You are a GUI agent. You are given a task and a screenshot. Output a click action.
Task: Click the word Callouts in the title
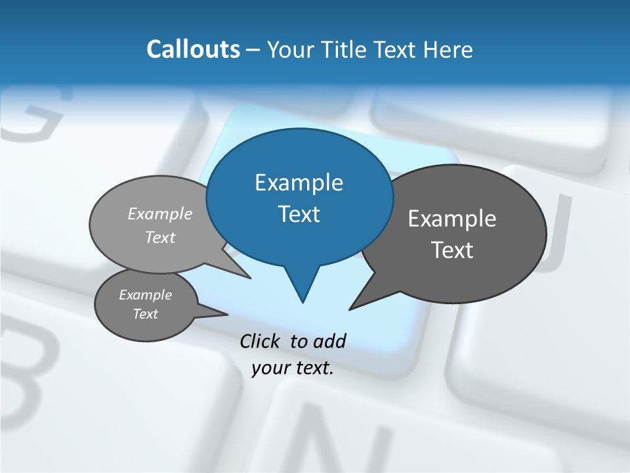tap(193, 49)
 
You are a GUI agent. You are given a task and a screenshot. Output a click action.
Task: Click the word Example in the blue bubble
tap(299, 183)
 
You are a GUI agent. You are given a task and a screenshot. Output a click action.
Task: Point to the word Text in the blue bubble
tap(299, 214)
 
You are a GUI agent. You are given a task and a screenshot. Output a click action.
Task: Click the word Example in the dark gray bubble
tap(451, 219)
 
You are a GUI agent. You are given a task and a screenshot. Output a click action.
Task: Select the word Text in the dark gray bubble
tap(451, 250)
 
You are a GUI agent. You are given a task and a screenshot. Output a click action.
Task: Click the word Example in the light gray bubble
tap(160, 214)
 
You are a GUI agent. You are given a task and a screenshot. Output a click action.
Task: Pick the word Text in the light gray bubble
tap(160, 237)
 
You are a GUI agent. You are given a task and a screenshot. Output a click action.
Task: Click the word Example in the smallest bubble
tap(145, 295)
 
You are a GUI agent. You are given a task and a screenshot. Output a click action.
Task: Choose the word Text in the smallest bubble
tap(145, 314)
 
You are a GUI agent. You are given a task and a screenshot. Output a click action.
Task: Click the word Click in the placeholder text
tap(261, 341)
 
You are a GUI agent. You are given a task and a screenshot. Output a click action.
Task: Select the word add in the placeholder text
tap(329, 341)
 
